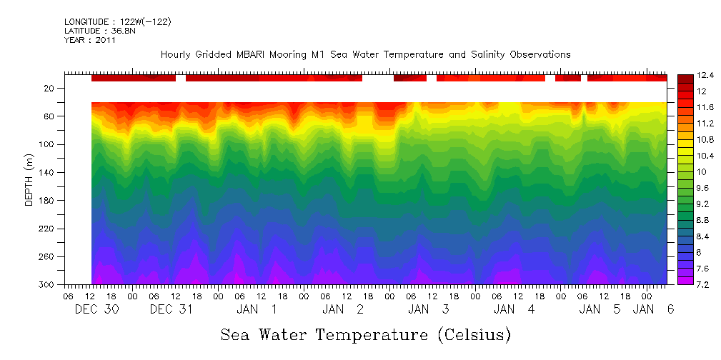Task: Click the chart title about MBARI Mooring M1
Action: (365, 54)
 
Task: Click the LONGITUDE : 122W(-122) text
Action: (118, 22)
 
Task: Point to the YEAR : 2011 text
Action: (89, 40)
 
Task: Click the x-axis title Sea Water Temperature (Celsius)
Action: (366, 334)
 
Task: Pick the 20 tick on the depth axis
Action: (50, 89)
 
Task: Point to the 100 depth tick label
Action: (48, 145)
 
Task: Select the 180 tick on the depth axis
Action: (48, 201)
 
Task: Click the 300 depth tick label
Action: (48, 285)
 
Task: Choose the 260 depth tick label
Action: (48, 257)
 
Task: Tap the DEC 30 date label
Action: (96, 309)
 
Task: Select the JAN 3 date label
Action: (428, 309)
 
